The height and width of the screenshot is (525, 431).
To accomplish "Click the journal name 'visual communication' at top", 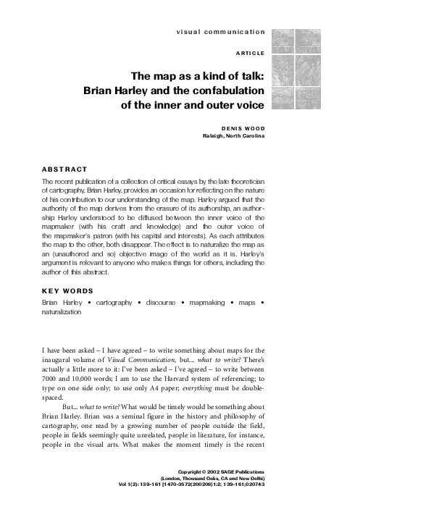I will coord(220,33).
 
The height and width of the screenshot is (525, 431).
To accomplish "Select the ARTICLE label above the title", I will coord(250,54).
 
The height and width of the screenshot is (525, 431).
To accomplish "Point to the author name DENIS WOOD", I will coord(243,127).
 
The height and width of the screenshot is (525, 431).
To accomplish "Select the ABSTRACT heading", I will coord(64,169).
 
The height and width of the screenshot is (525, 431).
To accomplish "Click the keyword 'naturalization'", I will coord(62,312).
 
